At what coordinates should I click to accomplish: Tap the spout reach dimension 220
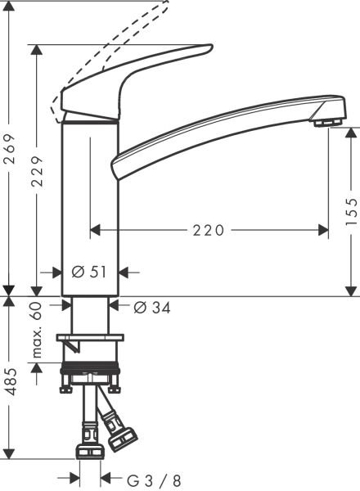point(209,231)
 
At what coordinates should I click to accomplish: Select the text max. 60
point(37,330)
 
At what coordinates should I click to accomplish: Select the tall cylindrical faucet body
point(89,205)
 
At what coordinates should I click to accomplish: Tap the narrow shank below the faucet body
point(89,315)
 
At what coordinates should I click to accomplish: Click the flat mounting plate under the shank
point(89,338)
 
